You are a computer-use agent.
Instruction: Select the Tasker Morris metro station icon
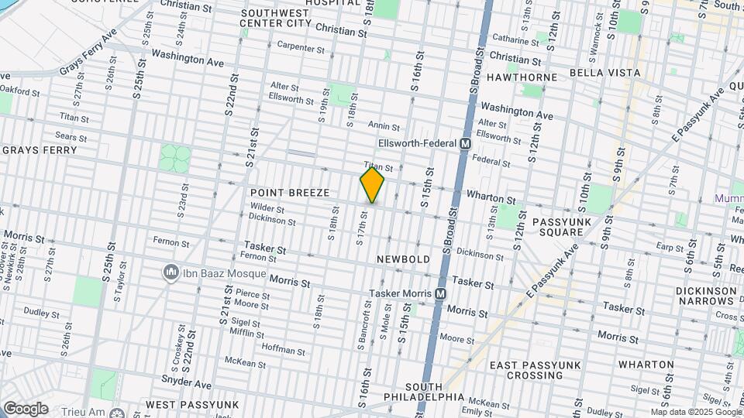pos(440,294)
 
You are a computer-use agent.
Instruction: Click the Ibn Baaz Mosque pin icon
pos(170,273)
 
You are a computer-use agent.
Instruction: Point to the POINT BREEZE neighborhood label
pos(290,192)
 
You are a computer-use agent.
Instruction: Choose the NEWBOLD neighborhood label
pos(403,259)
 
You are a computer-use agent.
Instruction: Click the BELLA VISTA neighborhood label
pos(604,73)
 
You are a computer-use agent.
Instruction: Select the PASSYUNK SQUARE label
pos(562,228)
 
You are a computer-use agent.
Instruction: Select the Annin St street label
pos(384,127)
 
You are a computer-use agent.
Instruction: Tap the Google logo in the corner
pos(26,408)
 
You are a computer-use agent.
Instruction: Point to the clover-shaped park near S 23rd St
pos(175,158)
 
